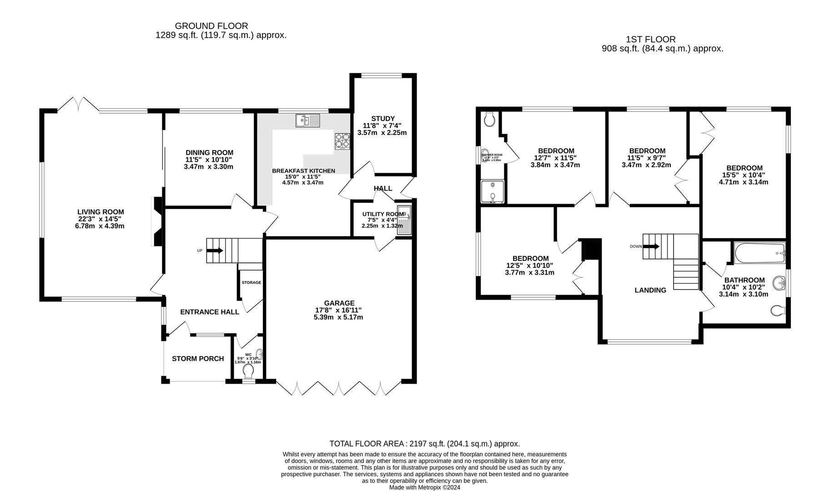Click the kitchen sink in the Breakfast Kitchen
(308, 120)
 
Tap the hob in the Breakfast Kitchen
(342, 141)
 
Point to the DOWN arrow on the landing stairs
(652, 246)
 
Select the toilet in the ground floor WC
(248, 372)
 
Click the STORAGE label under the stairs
(251, 283)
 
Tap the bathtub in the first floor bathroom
(759, 253)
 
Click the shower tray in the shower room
(493, 191)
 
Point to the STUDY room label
(382, 119)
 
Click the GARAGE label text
(339, 303)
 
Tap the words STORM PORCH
(198, 359)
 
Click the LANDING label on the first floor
(650, 290)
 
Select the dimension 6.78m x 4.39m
(100, 226)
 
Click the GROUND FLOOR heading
(211, 26)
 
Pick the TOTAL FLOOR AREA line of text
(424, 444)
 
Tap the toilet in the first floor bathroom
(778, 311)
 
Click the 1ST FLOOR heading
(650, 40)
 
